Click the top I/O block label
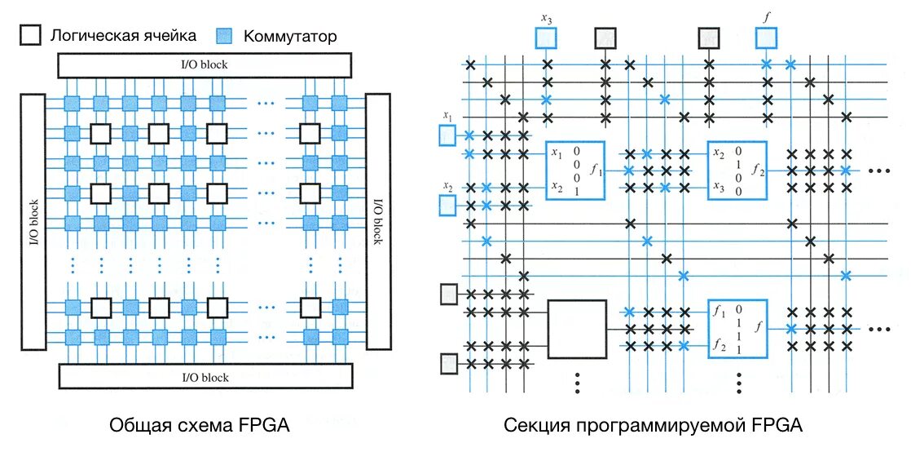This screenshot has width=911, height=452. pos(205,64)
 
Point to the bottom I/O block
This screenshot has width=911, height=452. pos(205,376)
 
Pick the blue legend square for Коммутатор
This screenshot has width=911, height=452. pos(225,36)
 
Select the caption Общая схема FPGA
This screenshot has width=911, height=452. pos(200,425)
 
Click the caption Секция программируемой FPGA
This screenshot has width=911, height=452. pos(653,425)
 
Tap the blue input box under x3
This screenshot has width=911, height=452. pos(546,38)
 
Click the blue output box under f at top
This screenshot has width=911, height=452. pos(766,38)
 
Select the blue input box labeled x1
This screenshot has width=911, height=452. pos(447,135)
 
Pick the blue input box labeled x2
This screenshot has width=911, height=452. pos(447,205)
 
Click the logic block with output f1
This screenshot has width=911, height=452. pos(575,171)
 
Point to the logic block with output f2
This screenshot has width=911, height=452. pos(737,171)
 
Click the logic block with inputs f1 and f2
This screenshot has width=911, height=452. pos(737,329)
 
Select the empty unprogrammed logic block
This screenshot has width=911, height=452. pos(577,329)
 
